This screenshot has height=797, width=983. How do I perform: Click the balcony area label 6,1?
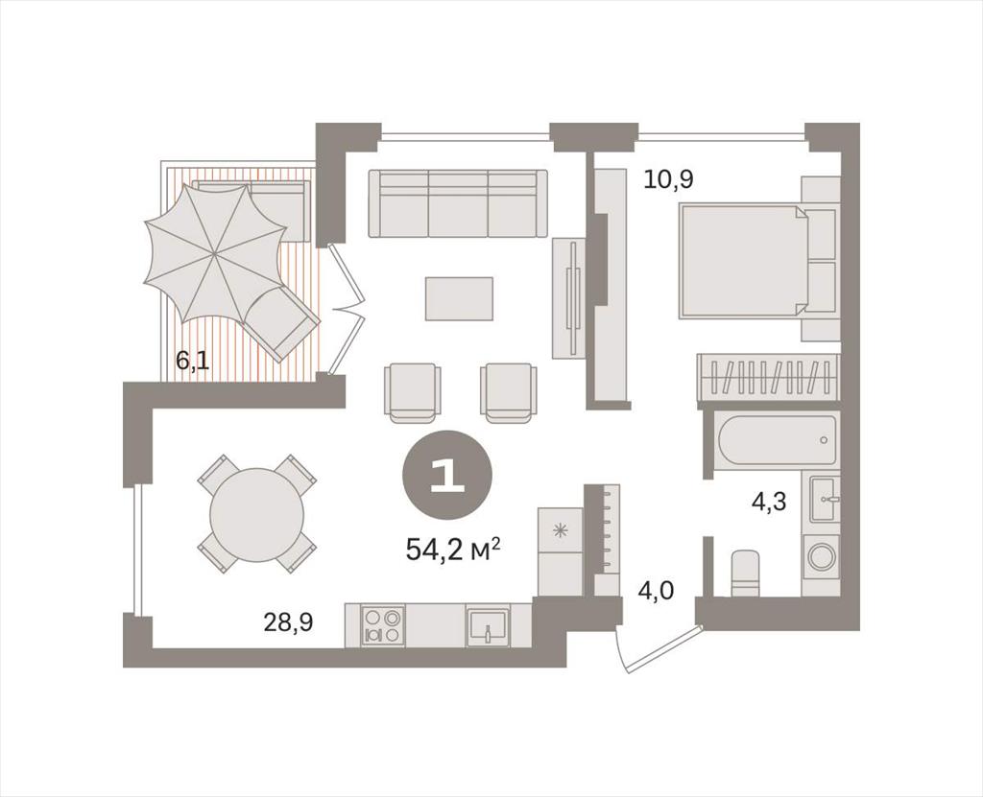192,362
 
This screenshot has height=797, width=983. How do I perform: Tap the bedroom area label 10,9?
669,180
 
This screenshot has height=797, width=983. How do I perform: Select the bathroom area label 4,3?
769,502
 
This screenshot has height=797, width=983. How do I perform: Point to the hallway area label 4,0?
656,591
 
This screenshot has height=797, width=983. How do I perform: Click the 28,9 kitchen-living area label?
288,622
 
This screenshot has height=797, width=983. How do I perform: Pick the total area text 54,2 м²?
453,551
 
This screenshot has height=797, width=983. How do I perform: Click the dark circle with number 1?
447,478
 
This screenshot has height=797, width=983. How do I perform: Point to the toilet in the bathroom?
746,572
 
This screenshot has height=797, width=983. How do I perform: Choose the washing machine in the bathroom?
821,556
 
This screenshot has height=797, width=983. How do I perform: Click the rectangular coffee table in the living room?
459,298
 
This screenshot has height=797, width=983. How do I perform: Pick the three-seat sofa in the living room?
458,203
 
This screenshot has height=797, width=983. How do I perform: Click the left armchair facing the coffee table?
412,393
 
